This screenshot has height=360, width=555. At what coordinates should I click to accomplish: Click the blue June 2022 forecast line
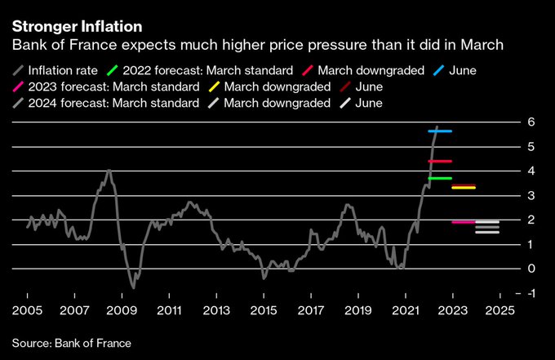tap(440, 131)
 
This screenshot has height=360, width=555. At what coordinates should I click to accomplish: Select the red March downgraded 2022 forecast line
tap(440, 161)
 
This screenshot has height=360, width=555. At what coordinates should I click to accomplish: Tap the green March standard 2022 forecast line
tap(440, 178)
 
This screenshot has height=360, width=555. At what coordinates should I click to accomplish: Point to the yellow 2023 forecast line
tap(464, 188)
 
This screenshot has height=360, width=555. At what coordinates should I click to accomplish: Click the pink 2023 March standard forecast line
tap(464, 222)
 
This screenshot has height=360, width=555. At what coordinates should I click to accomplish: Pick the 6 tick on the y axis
tap(531, 122)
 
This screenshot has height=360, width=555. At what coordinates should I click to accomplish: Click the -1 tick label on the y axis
tap(531, 293)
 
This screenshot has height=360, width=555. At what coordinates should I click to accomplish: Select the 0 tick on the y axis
tap(531, 269)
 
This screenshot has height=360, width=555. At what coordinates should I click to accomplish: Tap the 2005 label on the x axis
tap(27, 311)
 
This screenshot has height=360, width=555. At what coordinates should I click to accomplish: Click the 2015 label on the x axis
tap(263, 311)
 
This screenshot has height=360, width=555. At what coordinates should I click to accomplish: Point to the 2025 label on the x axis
tap(499, 311)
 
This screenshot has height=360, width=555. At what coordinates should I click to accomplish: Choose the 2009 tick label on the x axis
tap(122, 311)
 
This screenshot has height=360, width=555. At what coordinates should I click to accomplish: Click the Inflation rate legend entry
tap(57, 70)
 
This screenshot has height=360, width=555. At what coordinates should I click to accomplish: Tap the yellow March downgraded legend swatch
tap(214, 87)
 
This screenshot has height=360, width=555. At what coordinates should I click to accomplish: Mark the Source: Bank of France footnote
tap(71, 343)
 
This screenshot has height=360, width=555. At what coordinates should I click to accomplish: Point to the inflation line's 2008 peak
tap(109, 170)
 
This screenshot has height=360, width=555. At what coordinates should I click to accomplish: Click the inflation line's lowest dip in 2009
tap(133, 287)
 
